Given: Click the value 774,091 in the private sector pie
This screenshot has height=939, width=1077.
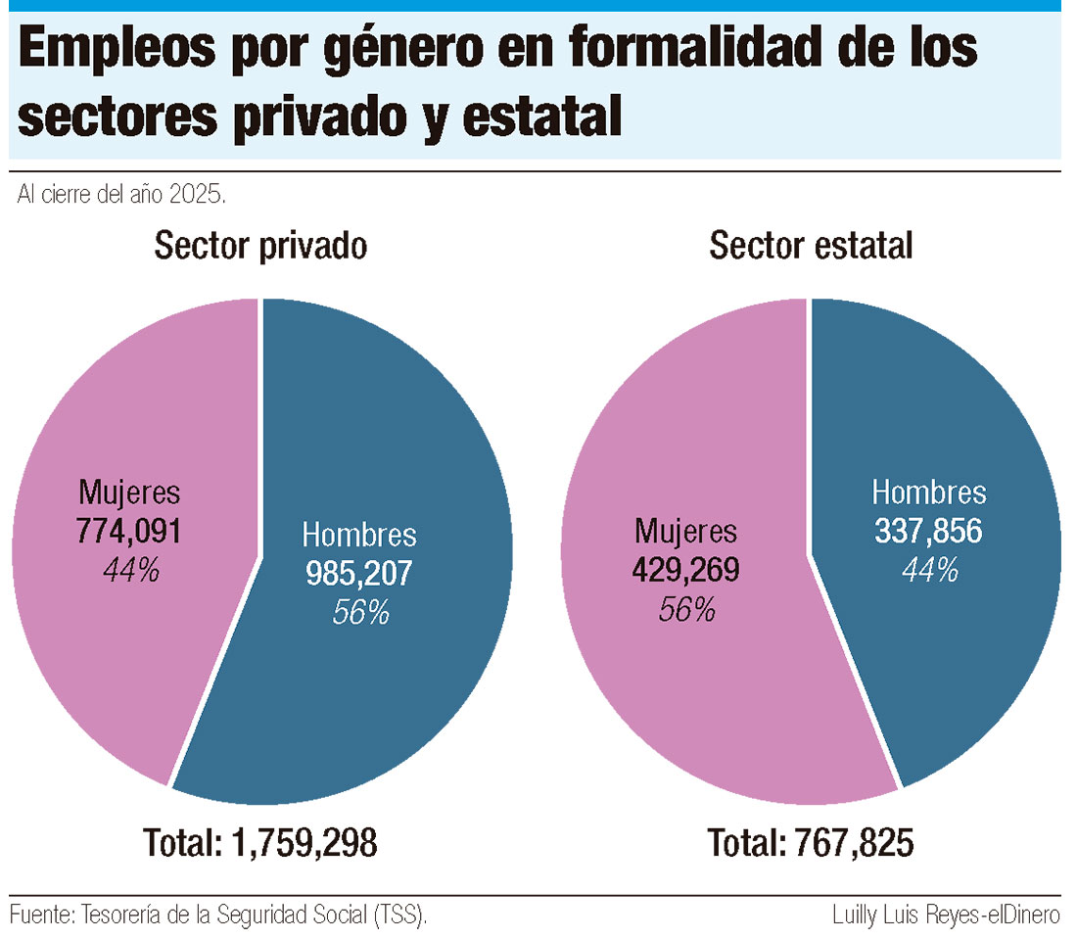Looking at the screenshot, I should click(129, 532).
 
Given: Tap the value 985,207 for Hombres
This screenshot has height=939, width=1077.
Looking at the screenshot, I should click(359, 574).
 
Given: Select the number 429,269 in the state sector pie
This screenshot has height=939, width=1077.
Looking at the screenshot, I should click(684, 570).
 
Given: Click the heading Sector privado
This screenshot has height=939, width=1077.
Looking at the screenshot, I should click(260, 246).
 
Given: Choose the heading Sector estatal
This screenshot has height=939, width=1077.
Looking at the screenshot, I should click(811, 246).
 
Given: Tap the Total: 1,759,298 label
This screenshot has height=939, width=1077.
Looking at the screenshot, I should click(260, 842).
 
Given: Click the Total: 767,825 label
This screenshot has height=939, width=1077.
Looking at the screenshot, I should click(811, 842).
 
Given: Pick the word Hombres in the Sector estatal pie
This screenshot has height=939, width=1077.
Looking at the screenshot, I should click(928, 493).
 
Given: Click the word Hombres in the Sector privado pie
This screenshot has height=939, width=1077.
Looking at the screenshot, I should click(359, 536).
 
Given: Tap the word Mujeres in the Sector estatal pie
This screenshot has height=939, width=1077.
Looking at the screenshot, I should click(684, 532).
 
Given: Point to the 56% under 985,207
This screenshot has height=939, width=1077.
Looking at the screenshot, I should click(360, 612).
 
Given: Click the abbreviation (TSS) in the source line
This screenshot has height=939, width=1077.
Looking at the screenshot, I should click(399, 916).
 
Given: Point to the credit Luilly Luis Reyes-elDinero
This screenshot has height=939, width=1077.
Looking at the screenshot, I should click(946, 916).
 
